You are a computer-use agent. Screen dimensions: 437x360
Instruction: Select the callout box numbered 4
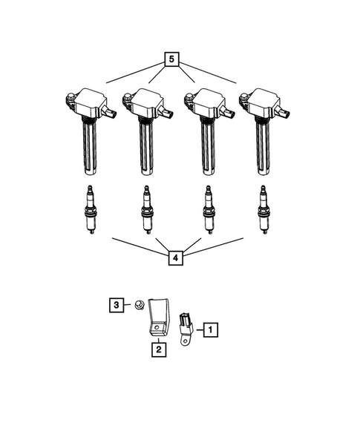(x=174, y=258)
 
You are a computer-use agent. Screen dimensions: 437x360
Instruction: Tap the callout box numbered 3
(x=116, y=304)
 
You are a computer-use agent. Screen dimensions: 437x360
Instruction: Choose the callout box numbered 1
(x=211, y=327)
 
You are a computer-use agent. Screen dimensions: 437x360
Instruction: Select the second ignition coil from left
(x=148, y=119)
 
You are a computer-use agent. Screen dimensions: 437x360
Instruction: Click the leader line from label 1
(x=198, y=327)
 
